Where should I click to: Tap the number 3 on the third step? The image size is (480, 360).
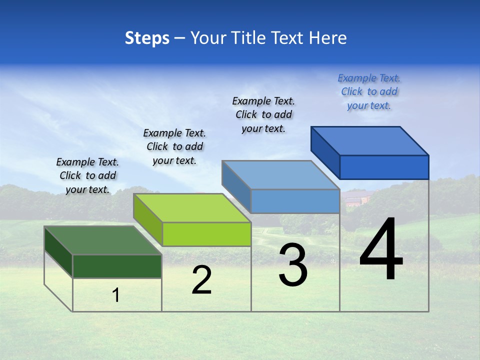[292, 265]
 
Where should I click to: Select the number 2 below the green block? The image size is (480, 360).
[201, 280]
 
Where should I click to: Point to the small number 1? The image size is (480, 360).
[116, 295]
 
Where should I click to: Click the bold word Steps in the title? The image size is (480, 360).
[147, 38]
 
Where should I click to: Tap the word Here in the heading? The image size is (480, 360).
[327, 38]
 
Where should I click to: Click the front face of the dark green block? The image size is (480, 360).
[117, 266]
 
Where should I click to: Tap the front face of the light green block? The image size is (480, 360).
[206, 234]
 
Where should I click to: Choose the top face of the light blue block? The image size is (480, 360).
[280, 175]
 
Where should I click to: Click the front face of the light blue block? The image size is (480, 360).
[295, 201]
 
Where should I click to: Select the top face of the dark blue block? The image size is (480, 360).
[369, 141]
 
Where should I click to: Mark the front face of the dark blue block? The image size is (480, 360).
[384, 167]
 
